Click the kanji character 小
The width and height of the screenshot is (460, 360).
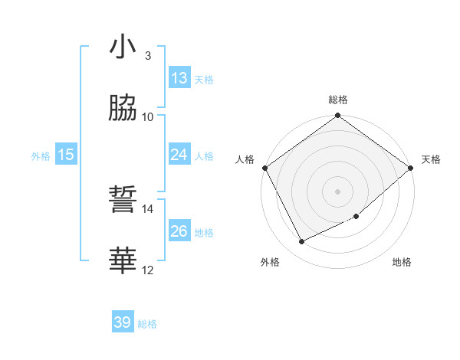(123, 47)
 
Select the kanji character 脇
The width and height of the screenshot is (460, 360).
(123, 109)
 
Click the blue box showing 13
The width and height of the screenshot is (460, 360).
(179, 78)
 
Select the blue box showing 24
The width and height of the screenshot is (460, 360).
(179, 155)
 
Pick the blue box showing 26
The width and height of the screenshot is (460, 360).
(179, 231)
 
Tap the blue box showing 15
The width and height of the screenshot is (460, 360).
(66, 155)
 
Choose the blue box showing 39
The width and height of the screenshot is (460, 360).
(123, 323)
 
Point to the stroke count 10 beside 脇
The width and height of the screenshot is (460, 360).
(148, 117)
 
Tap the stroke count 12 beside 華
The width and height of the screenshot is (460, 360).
(148, 270)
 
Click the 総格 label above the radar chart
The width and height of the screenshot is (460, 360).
(337, 100)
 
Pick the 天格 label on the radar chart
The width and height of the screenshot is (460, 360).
(431, 159)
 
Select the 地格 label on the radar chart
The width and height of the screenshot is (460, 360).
(402, 263)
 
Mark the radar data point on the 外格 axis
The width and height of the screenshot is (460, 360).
(302, 242)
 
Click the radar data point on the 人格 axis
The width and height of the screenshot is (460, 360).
(264, 168)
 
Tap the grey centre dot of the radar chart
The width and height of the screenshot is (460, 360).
(337, 191)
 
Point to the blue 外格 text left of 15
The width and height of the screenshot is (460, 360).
(41, 155)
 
